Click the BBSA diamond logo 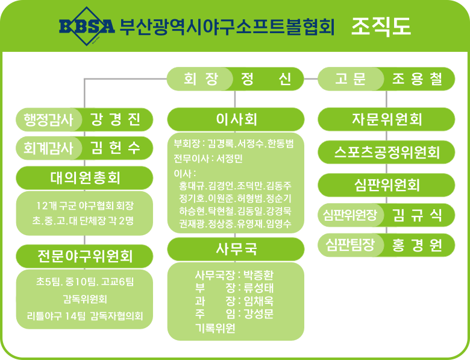[x=87, y=26]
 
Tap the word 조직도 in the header [x=381, y=27]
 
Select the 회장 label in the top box [x=201, y=79]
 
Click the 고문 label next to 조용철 [x=350, y=79]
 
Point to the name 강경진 [x=116, y=119]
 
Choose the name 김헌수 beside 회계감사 [x=116, y=148]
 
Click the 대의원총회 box [x=84, y=178]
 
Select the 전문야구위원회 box [x=84, y=256]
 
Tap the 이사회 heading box [x=236, y=119]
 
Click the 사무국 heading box [x=236, y=249]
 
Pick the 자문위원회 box [x=386, y=119]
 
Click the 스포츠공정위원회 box [x=386, y=152]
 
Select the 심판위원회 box [x=386, y=185]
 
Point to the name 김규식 [x=417, y=215]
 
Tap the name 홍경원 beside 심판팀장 [x=417, y=245]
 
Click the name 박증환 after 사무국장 [x=258, y=274]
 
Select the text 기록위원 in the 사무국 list [x=215, y=328]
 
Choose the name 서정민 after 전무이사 [x=230, y=159]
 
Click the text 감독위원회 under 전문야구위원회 [x=85, y=299]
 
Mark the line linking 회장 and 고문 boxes [x=311, y=79]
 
